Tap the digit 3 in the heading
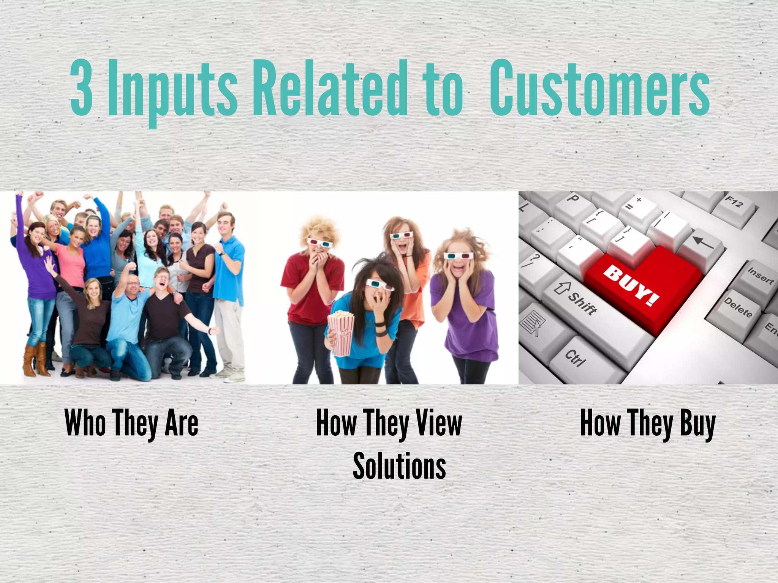(x=82, y=88)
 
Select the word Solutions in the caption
(x=399, y=466)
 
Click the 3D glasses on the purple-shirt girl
(x=459, y=256)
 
